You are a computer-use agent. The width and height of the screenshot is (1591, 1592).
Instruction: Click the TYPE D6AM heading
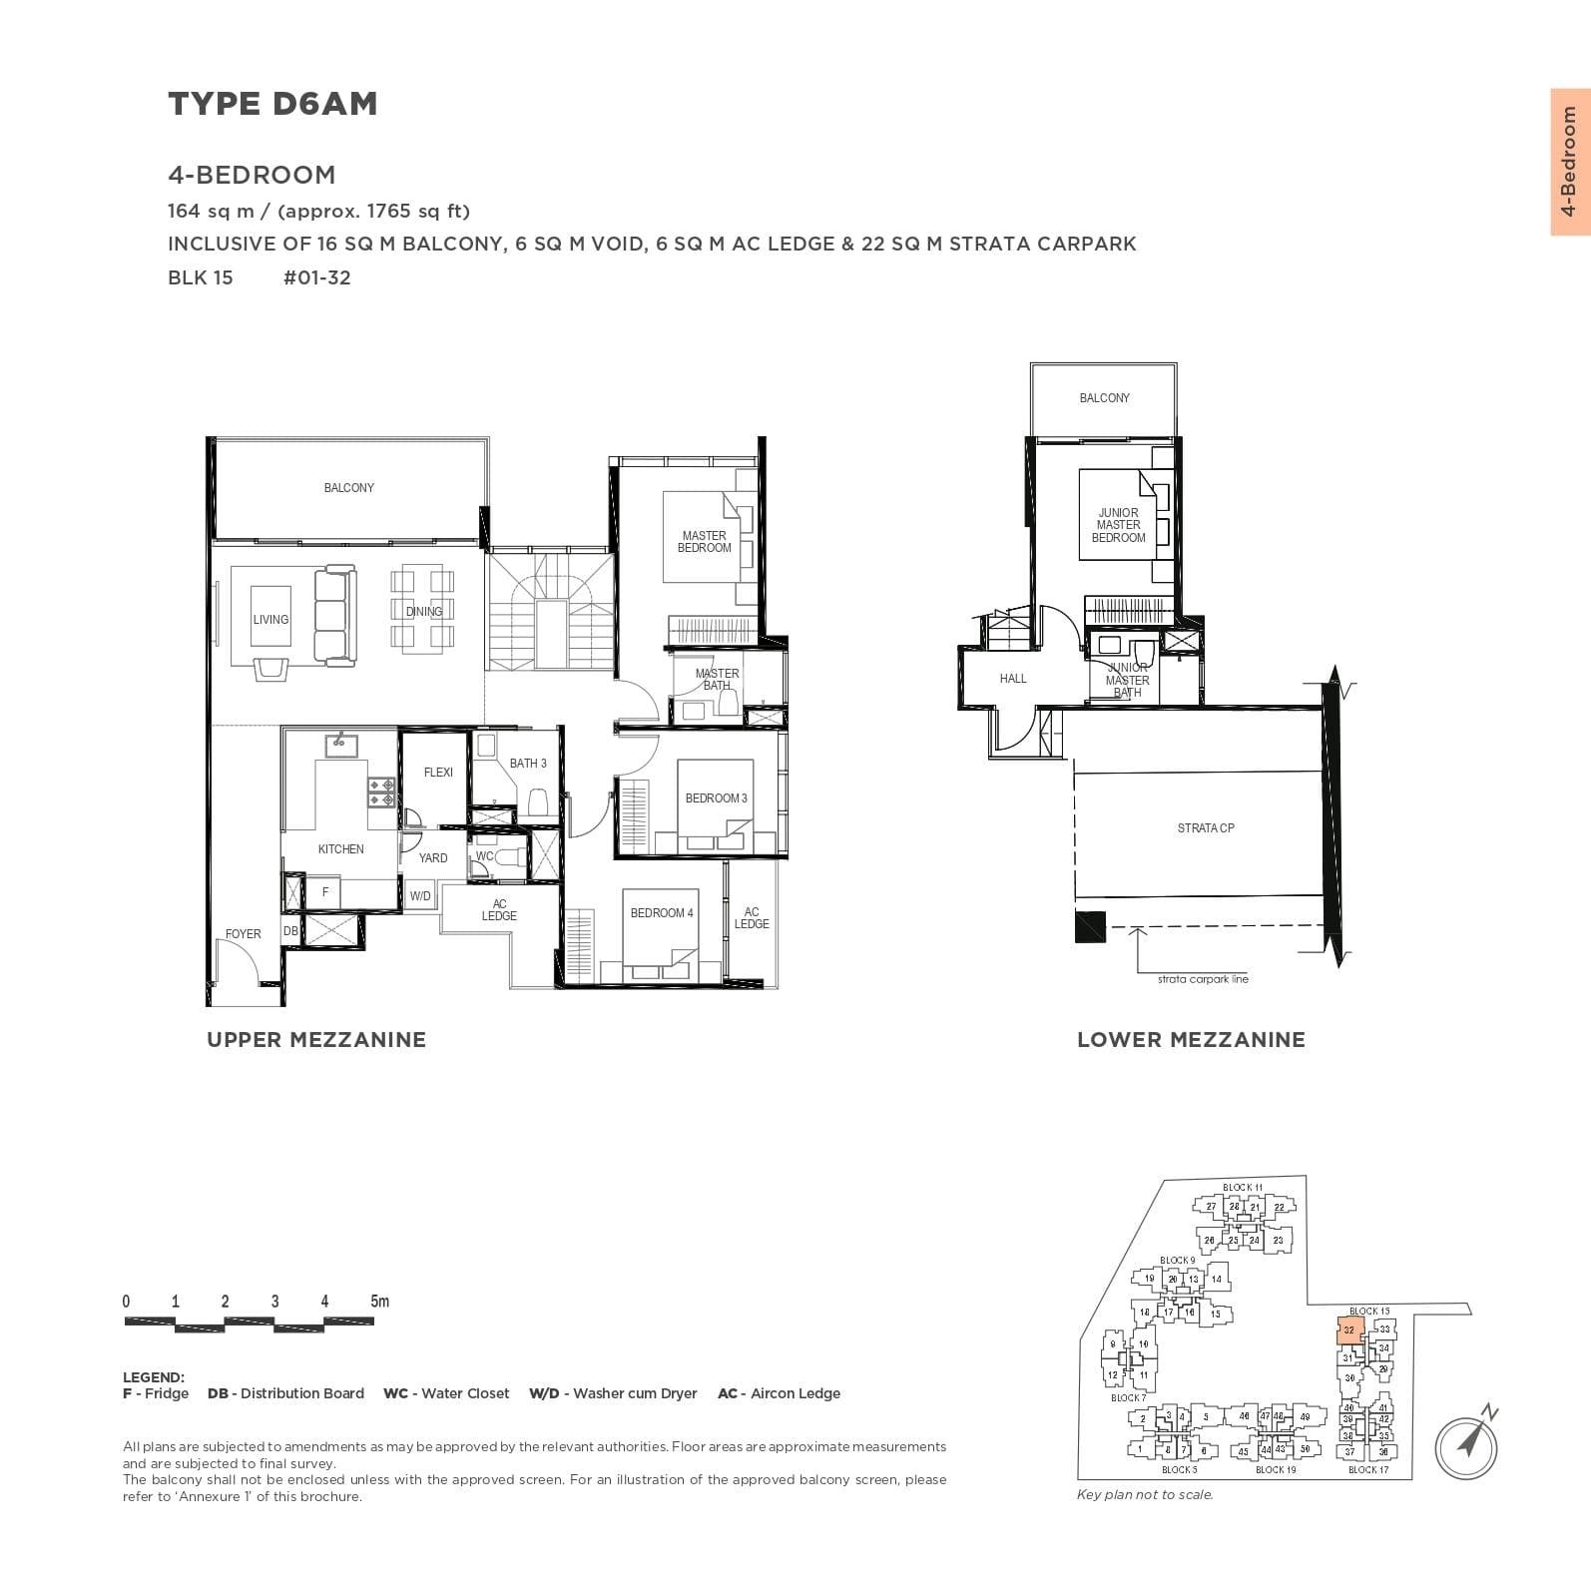[272, 104]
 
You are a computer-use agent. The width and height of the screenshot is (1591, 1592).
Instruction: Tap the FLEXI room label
[438, 773]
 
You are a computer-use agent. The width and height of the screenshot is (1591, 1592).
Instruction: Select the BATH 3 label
[528, 764]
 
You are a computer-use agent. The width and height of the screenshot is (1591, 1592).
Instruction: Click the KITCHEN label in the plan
[340, 849]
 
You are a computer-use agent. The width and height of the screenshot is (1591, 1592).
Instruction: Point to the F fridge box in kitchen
[325, 892]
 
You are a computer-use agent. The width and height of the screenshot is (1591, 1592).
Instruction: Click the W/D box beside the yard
[420, 896]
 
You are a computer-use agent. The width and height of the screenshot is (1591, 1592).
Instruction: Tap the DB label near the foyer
[290, 931]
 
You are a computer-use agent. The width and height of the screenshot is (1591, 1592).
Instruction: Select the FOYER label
[243, 934]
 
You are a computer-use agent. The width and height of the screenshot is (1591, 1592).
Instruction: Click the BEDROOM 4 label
[661, 913]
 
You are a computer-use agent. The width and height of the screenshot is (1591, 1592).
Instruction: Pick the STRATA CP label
[1205, 828]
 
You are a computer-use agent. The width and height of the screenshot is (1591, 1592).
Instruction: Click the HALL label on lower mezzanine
[1012, 679]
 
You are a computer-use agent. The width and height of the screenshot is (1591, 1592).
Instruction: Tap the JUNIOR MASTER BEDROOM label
[1118, 525]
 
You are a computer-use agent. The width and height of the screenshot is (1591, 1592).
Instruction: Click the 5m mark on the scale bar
[379, 1302]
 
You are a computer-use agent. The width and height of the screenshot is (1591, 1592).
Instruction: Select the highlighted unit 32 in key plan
[1348, 1330]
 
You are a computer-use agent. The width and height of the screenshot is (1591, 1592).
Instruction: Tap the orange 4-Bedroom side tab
[1569, 162]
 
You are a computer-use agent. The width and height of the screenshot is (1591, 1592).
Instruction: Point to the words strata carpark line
[1203, 979]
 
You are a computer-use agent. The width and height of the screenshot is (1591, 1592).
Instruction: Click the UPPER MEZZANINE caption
[315, 1040]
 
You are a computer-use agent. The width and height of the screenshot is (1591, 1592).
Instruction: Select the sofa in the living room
[334, 616]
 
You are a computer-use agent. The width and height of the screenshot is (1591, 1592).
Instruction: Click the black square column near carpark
[1090, 927]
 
